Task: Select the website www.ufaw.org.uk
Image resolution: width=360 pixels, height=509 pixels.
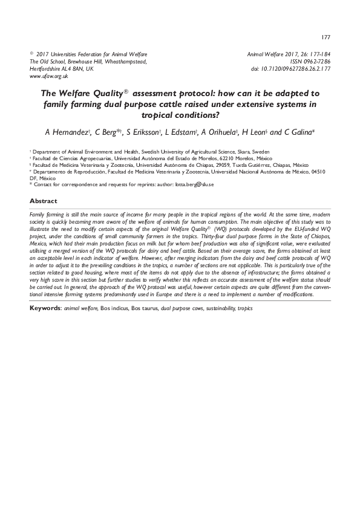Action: coord(48,77)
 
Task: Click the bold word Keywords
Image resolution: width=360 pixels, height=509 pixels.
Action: coord(45,308)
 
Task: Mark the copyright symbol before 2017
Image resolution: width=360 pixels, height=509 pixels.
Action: coord(31,53)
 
